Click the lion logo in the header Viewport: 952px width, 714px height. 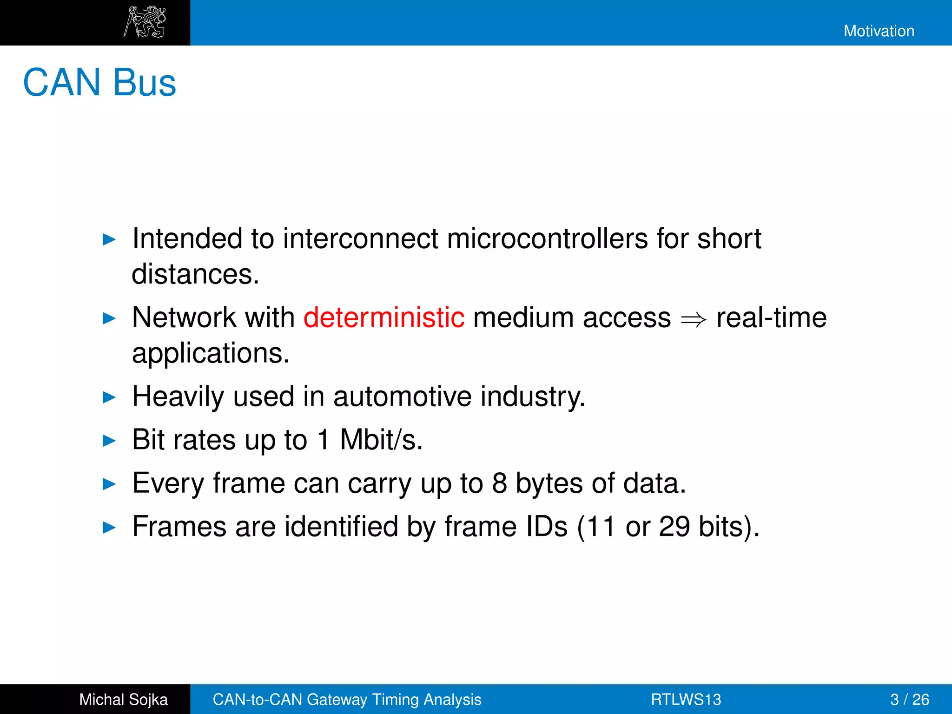pyautogui.click(x=145, y=22)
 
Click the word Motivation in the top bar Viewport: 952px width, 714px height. pyautogui.click(x=879, y=31)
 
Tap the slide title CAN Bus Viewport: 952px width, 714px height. pyautogui.click(x=99, y=83)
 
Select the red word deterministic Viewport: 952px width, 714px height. pyautogui.click(x=384, y=318)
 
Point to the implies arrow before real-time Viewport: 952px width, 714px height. pyautogui.click(x=694, y=320)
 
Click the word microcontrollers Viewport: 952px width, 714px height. pyautogui.click(x=547, y=239)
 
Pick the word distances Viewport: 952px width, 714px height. pyautogui.click(x=195, y=274)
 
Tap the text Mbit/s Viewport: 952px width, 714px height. pyautogui.click(x=381, y=440)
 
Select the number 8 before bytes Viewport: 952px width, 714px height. pyautogui.click(x=499, y=483)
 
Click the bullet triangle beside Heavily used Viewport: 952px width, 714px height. pyautogui.click(x=109, y=397)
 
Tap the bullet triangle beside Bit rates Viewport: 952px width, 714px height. pyautogui.click(x=109, y=441)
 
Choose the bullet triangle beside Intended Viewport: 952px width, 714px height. pyautogui.click(x=109, y=240)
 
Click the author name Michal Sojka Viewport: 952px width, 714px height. pyautogui.click(x=123, y=700)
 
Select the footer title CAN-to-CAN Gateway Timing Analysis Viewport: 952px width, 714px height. pyautogui.click(x=347, y=700)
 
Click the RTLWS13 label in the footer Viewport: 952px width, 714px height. pyautogui.click(x=686, y=700)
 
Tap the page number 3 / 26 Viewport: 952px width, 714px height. pyautogui.click(x=909, y=700)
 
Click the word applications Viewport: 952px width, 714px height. pyautogui.click(x=210, y=353)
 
